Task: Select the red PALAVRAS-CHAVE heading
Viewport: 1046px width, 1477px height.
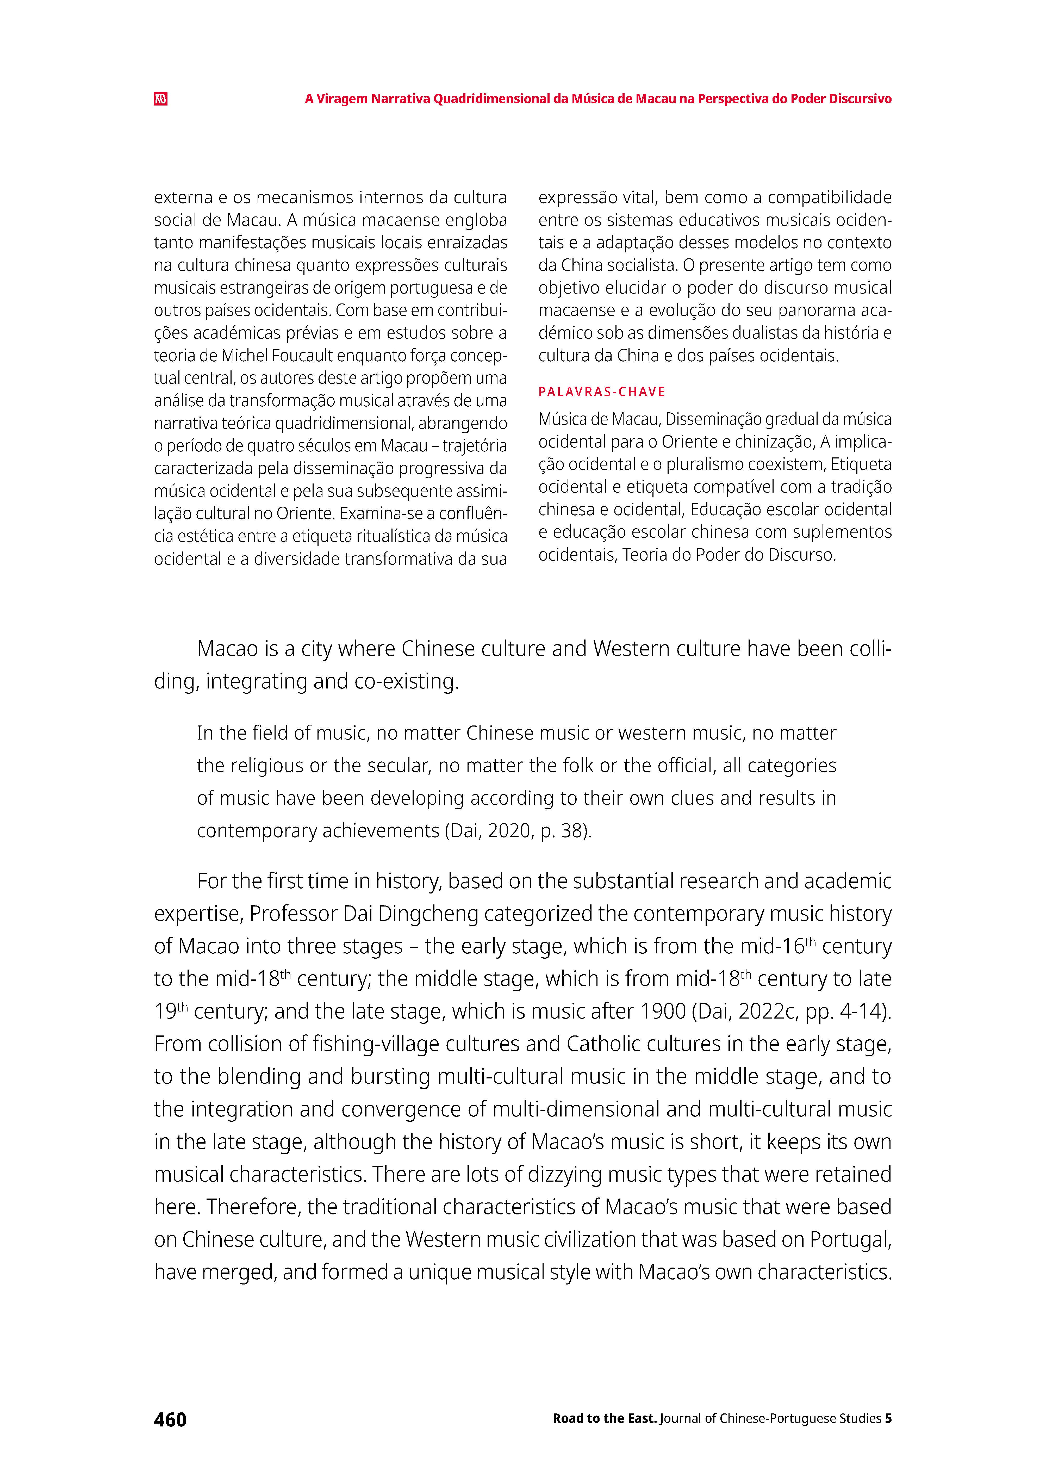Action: pyautogui.click(x=602, y=392)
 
